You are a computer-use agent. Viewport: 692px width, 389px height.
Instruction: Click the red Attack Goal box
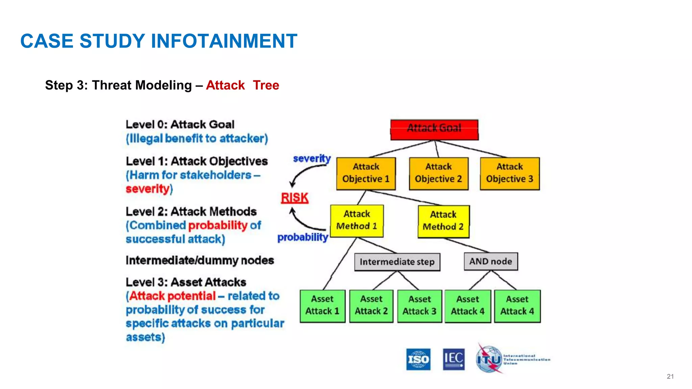pyautogui.click(x=434, y=130)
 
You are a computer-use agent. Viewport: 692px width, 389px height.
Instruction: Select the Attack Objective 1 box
pyautogui.click(x=366, y=174)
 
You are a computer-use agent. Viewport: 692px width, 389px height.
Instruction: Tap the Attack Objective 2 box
pyautogui.click(x=439, y=174)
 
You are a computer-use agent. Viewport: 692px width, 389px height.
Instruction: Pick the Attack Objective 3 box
pyautogui.click(x=510, y=174)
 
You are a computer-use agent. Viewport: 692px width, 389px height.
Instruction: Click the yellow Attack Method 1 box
pyautogui.click(x=357, y=221)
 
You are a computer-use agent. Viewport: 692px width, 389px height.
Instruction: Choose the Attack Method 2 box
pyautogui.click(x=443, y=221)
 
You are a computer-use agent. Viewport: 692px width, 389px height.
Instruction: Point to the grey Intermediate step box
pyautogui.click(x=397, y=262)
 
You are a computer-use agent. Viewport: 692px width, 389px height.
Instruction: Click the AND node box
pyautogui.click(x=491, y=261)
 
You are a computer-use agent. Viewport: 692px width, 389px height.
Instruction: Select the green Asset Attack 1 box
pyautogui.click(x=322, y=306)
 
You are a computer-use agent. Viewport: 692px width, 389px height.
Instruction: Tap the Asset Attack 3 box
pyautogui.click(x=419, y=306)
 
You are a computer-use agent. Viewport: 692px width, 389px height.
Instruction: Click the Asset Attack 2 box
pyautogui.click(x=371, y=306)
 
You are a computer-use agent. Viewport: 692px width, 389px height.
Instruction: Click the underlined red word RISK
pyautogui.click(x=295, y=198)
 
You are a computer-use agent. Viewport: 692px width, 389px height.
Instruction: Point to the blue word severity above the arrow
pyautogui.click(x=312, y=158)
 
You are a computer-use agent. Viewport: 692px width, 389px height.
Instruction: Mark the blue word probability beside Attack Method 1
pyautogui.click(x=303, y=237)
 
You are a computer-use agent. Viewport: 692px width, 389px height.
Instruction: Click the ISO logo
pyautogui.click(x=418, y=359)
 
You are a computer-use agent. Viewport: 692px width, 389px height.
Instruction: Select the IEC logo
pyautogui.click(x=453, y=359)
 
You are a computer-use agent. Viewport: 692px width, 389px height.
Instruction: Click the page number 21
pyautogui.click(x=670, y=377)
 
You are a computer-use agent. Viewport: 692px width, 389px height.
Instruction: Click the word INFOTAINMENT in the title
pyautogui.click(x=224, y=41)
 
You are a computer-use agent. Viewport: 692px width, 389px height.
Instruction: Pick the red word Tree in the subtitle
pyautogui.click(x=266, y=85)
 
